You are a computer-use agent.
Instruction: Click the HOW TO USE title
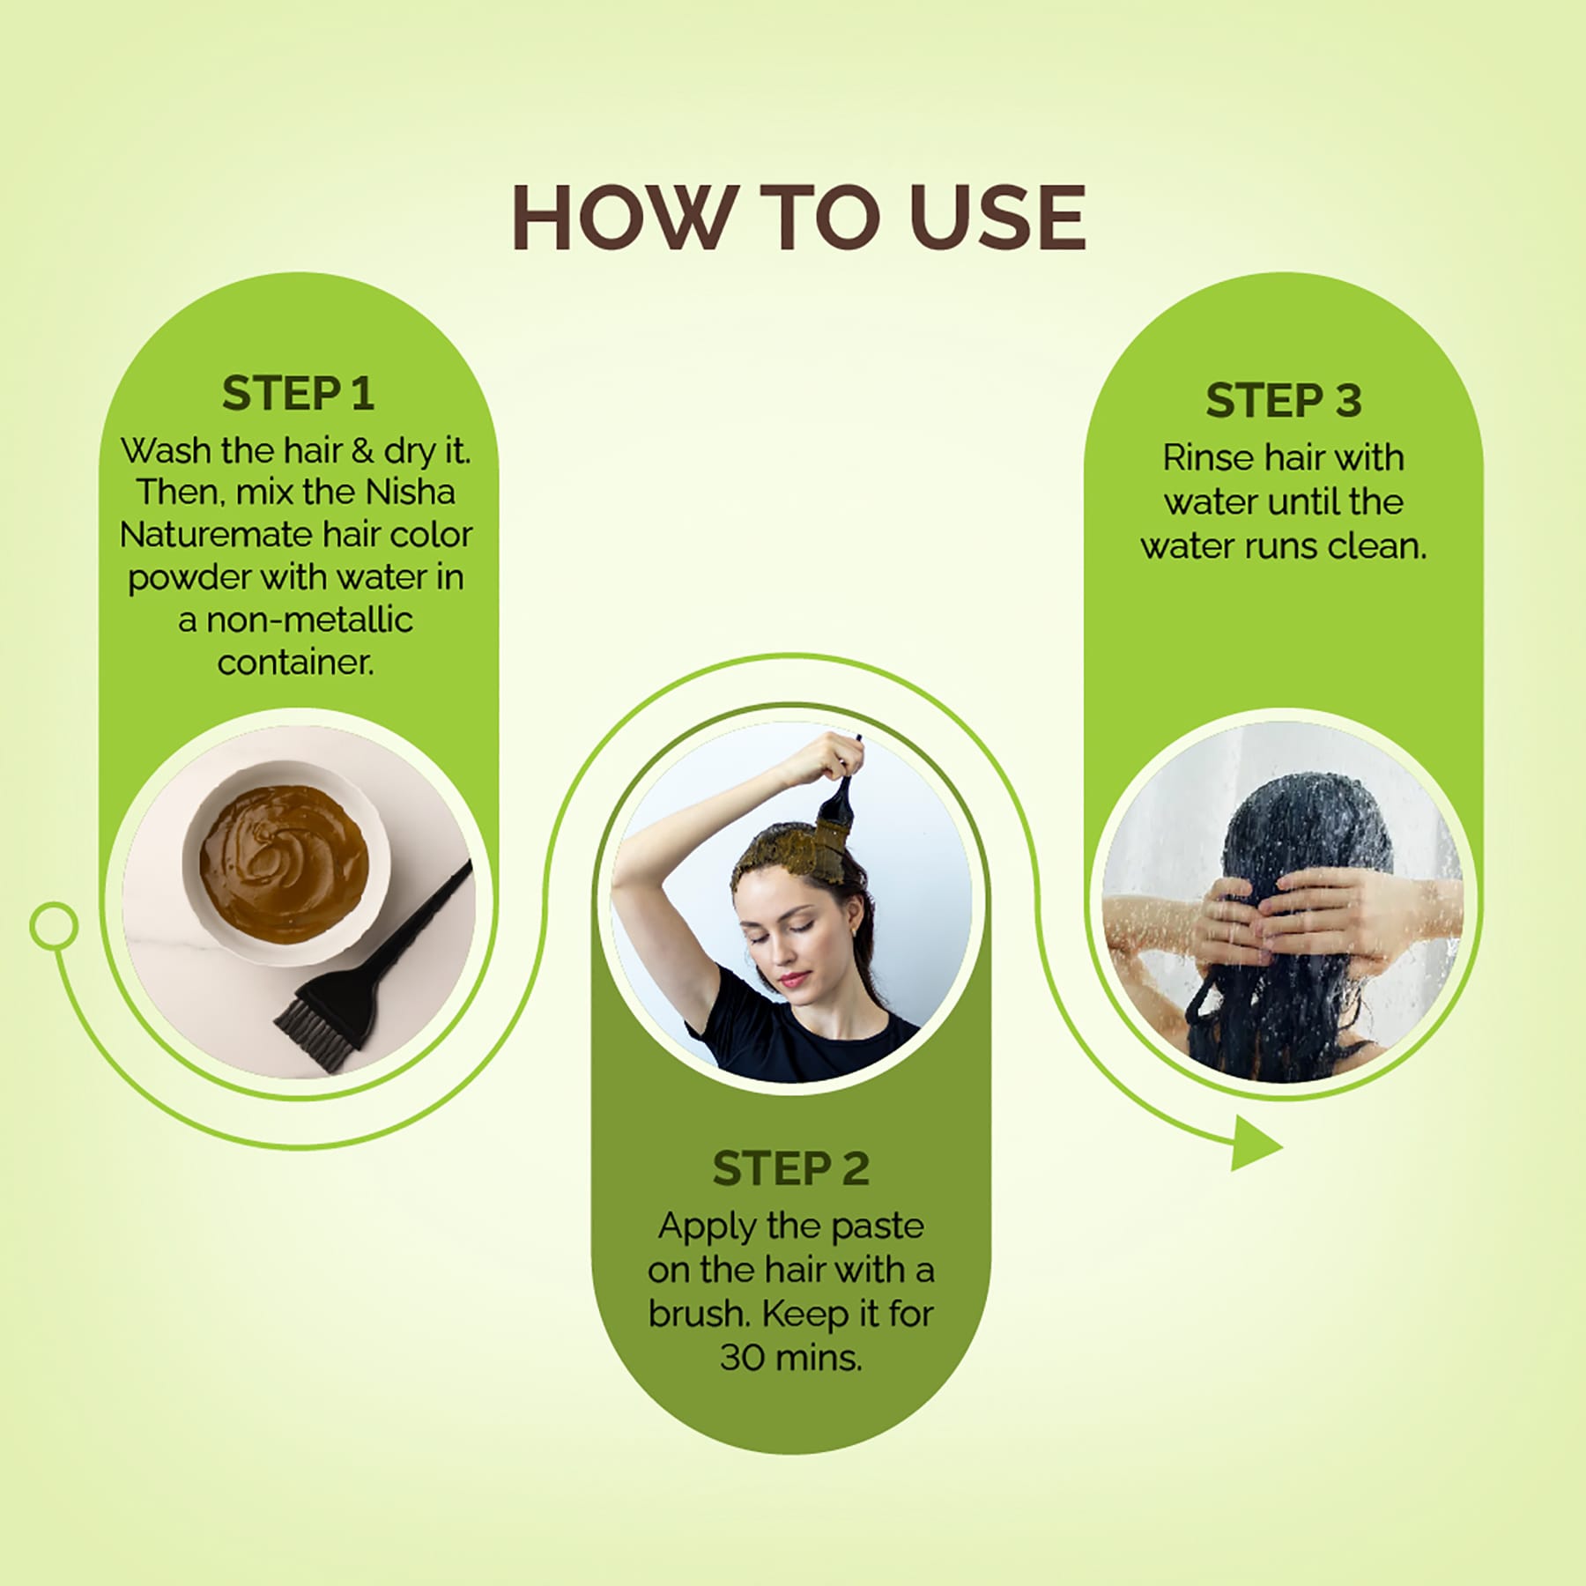tap(798, 219)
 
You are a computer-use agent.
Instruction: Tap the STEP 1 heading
tap(298, 393)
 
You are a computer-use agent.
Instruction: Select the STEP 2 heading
tap(790, 1168)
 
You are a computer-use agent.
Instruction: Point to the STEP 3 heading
tap(1283, 400)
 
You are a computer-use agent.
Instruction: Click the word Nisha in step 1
tap(411, 492)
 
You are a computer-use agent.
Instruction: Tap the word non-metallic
tap(308, 619)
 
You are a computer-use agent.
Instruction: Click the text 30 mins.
tap(790, 1358)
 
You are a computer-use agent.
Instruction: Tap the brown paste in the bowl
tap(284, 859)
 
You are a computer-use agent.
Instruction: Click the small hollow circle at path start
tap(54, 926)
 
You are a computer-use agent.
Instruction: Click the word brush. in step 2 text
tap(700, 1314)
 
